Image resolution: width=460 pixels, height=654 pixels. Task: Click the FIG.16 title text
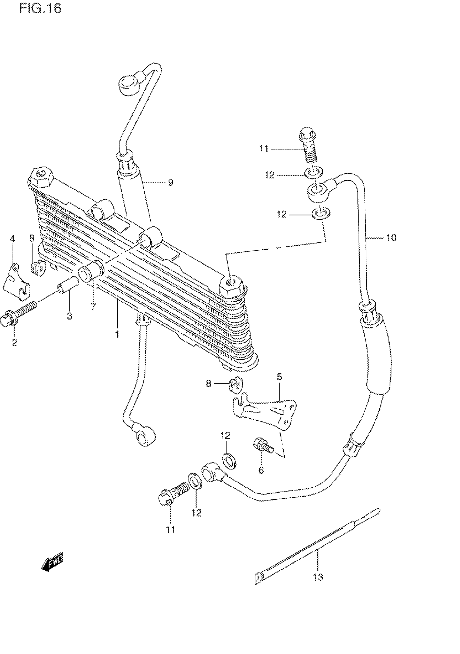(x=40, y=9)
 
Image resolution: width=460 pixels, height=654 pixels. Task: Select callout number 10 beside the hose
(x=391, y=237)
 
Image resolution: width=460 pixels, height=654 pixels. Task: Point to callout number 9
(x=170, y=182)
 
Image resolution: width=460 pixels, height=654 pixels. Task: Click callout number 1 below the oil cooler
(x=117, y=334)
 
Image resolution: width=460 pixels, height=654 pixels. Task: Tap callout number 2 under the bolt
(x=15, y=342)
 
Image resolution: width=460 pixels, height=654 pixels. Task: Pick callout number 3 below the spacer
(x=70, y=316)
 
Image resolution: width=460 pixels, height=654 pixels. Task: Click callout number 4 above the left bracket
(x=12, y=239)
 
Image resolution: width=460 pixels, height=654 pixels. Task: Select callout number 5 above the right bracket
(x=279, y=377)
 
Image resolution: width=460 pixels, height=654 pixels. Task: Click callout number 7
(x=93, y=307)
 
